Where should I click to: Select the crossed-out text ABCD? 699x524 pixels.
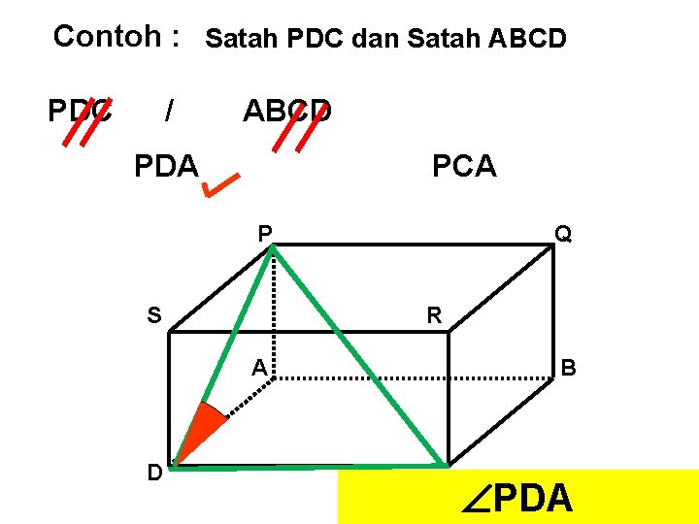(x=287, y=112)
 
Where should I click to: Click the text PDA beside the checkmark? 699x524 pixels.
(x=166, y=166)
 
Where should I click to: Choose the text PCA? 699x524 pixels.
(x=464, y=167)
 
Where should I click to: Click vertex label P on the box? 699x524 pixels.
(x=264, y=233)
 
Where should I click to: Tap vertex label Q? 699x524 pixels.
(x=563, y=234)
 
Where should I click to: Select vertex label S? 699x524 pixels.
(x=154, y=314)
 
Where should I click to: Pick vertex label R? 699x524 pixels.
(x=435, y=314)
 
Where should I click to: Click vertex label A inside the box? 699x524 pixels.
(x=259, y=367)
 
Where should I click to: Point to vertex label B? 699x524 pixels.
(x=569, y=368)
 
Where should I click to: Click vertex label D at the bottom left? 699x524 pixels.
(x=154, y=473)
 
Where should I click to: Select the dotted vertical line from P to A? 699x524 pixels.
(x=273, y=311)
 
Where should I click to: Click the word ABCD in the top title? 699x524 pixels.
(x=514, y=40)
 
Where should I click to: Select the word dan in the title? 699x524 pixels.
(x=378, y=40)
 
